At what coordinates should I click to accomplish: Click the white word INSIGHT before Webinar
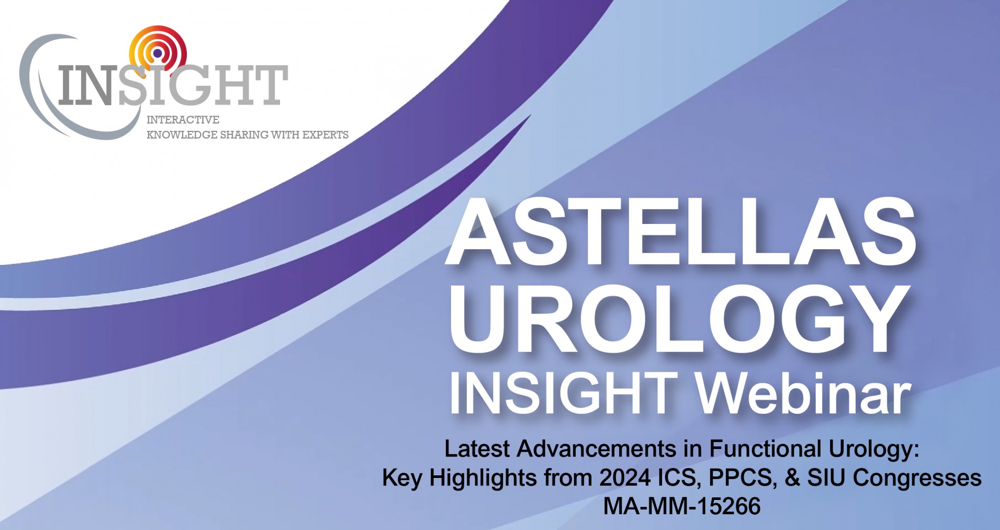(x=564, y=393)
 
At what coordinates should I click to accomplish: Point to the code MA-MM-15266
(x=682, y=506)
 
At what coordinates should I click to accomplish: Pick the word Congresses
(x=917, y=478)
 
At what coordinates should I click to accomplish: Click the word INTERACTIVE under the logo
(x=183, y=120)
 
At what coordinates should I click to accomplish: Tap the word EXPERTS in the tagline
(x=325, y=135)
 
